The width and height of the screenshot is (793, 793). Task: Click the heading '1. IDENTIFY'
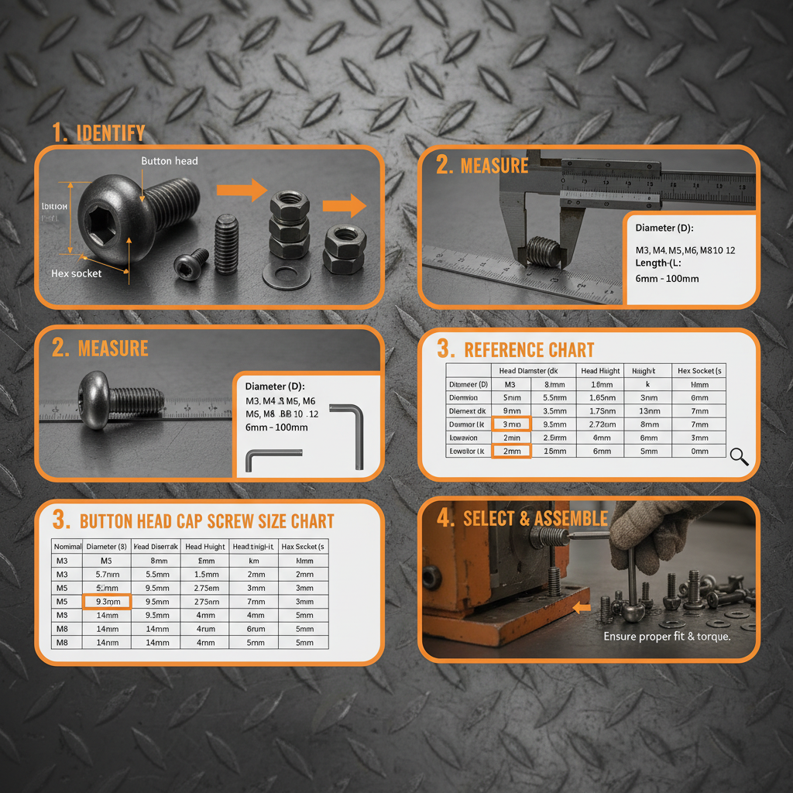[x=98, y=133]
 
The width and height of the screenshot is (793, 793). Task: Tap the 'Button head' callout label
[x=169, y=161]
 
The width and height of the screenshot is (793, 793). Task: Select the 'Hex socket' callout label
[x=76, y=273]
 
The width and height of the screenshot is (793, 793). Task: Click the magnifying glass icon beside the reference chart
[x=740, y=457]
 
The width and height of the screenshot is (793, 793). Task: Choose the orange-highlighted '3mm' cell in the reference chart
[x=511, y=424]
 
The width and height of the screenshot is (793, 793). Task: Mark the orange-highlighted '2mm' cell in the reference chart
[x=511, y=451]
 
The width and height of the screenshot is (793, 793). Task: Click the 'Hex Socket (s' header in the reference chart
[x=699, y=371]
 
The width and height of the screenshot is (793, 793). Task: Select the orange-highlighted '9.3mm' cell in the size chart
[x=107, y=602]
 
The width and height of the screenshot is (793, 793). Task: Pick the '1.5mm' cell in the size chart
[x=205, y=574]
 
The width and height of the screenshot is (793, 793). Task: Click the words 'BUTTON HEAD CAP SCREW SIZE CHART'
[x=207, y=521]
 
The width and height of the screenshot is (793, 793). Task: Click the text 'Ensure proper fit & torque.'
[x=667, y=637]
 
